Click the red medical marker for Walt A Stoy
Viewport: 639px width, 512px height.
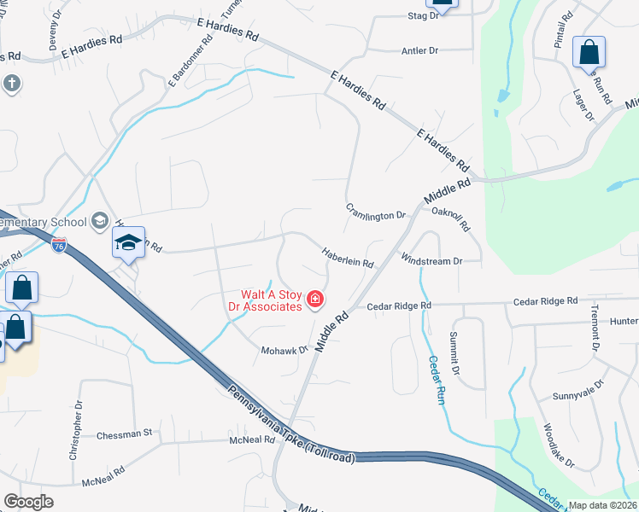315,299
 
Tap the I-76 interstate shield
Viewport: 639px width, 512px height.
59,246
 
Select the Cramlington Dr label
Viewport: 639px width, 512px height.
375,211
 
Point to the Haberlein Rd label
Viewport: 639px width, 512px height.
348,258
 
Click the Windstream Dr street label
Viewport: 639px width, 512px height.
431,260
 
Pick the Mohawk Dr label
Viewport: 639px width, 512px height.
284,350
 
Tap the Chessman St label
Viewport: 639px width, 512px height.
124,433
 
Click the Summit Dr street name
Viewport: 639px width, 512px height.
454,354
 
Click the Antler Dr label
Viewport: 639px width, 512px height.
419,51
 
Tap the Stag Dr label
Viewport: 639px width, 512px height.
423,15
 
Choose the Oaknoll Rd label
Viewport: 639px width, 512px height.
451,219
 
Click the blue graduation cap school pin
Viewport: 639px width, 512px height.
128,243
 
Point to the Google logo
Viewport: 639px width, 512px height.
28,502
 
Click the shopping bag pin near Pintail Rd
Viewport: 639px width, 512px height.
589,53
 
